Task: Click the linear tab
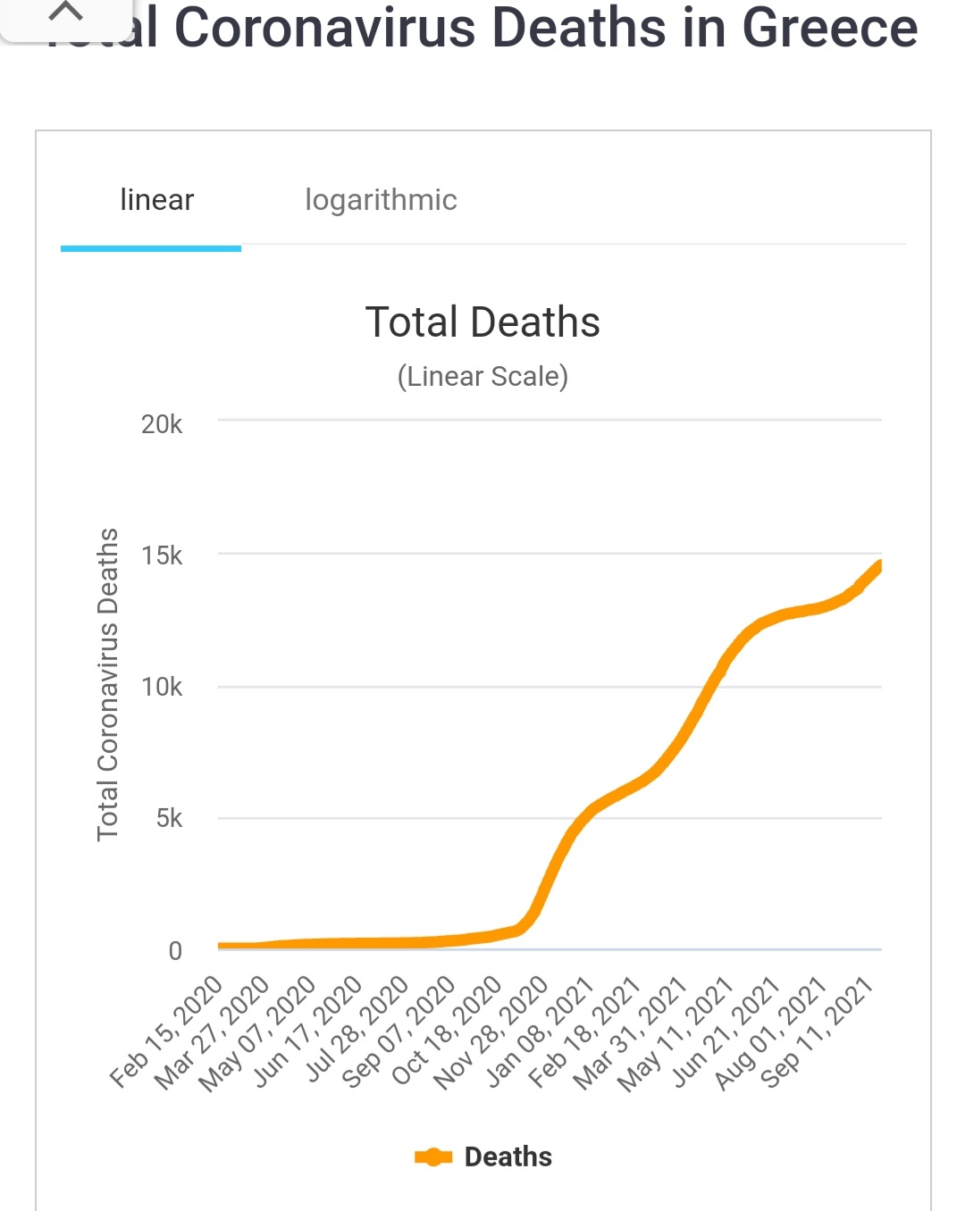click(156, 200)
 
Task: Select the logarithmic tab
click(381, 200)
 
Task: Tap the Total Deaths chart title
click(482, 322)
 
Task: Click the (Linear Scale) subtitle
click(482, 377)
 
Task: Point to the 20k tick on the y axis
click(162, 424)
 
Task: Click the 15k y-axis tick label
click(162, 555)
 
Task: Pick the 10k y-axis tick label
click(162, 687)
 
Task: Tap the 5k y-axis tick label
click(169, 818)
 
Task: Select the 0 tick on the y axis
click(175, 950)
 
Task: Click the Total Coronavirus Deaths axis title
click(107, 684)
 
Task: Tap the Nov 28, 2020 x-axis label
click(492, 1031)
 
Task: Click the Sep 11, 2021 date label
click(818, 1031)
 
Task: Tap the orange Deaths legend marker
click(433, 1157)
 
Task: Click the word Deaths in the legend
click(508, 1157)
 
